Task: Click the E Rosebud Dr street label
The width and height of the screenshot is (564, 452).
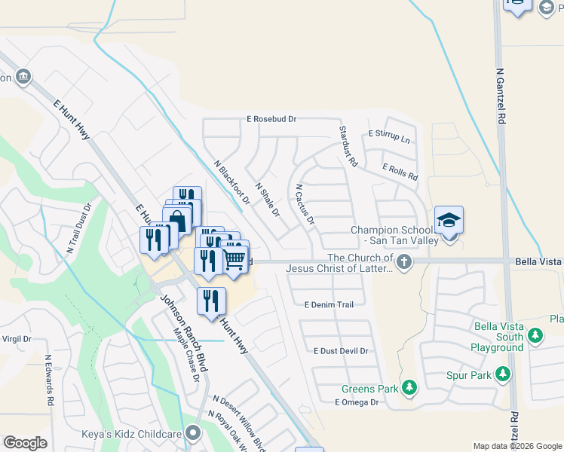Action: [272, 119]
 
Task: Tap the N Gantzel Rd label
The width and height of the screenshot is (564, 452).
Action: [501, 96]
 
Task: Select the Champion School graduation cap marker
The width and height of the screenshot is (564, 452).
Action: [449, 220]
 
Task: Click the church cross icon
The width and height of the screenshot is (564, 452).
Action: [405, 262]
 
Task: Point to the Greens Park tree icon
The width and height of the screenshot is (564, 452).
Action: [409, 387]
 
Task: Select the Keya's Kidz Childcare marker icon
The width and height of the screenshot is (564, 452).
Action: [195, 432]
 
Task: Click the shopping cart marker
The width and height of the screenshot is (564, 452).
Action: [235, 258]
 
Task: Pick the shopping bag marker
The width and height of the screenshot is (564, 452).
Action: [177, 221]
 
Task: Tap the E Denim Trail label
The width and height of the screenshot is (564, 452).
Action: [329, 304]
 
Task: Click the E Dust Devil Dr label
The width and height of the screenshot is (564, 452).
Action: [341, 351]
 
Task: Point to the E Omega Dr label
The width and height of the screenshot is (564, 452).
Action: [357, 402]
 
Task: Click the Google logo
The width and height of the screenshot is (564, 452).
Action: [25, 443]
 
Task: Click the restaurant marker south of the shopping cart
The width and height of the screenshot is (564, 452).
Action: [212, 301]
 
